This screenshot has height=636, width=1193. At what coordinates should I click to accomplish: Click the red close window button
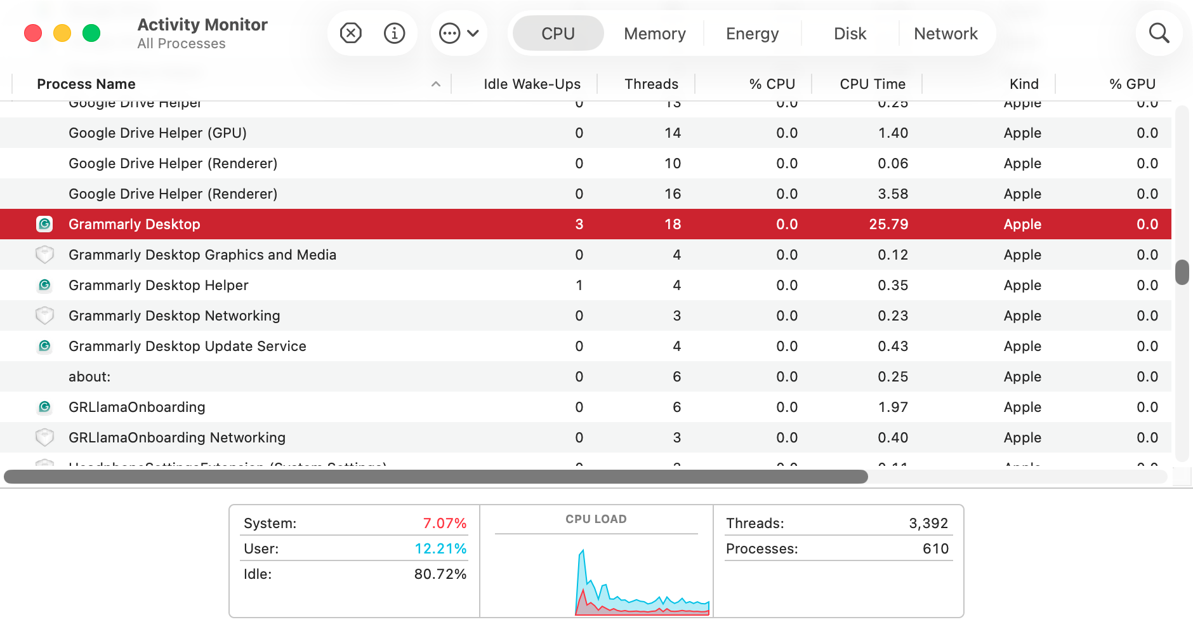click(33, 33)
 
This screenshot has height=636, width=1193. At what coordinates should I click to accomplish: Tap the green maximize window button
click(91, 33)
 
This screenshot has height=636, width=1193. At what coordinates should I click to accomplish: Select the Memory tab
click(654, 34)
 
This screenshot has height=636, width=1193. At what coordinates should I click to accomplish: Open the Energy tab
click(752, 34)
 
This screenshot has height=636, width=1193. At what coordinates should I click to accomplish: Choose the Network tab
click(945, 34)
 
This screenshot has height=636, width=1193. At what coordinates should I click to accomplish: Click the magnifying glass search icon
click(1159, 33)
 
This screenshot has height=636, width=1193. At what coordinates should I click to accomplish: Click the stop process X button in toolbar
click(351, 33)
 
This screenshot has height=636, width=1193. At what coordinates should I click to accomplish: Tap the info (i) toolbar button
click(394, 33)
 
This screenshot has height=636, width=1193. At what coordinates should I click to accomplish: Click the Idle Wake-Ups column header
click(532, 84)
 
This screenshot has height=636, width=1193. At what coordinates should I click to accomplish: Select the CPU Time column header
click(872, 84)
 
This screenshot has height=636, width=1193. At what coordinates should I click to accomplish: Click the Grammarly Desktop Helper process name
click(158, 285)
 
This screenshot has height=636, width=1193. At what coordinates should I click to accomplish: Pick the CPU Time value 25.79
click(888, 224)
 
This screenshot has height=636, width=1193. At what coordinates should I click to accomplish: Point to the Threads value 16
click(673, 194)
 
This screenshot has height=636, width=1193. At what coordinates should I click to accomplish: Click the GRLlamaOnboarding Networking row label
click(176, 437)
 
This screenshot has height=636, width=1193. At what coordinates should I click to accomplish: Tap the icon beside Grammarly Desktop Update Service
click(44, 346)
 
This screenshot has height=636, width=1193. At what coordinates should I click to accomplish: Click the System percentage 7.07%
click(444, 523)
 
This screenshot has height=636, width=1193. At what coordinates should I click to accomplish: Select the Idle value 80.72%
click(440, 574)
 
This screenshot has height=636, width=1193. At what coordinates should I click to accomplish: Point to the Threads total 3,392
click(928, 523)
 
